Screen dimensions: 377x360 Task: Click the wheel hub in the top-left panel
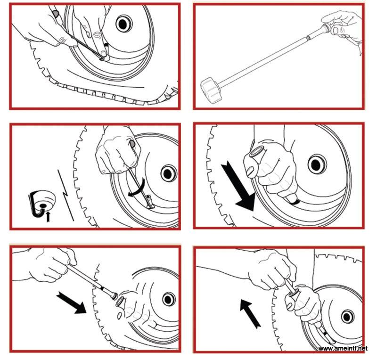coord(124,24)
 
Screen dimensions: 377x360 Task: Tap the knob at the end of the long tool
coord(211,90)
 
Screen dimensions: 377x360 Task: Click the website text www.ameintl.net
coord(343,349)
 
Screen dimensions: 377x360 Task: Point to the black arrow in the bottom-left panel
coord(72,303)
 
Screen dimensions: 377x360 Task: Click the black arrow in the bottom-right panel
coord(250,314)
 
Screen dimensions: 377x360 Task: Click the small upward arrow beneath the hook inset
coord(48,217)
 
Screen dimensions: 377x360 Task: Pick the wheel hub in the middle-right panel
coord(317,164)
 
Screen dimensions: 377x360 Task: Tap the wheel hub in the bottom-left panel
coord(169,300)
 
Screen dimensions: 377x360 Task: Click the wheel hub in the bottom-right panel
coord(348,317)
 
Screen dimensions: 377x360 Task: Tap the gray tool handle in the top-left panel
coord(56,14)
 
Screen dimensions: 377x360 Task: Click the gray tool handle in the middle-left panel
coord(132,144)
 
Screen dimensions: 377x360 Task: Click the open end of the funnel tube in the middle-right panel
coord(256,152)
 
